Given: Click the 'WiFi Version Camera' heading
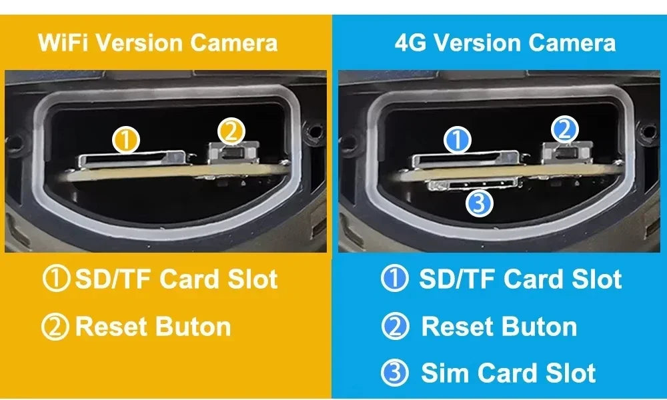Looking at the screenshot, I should click(158, 43).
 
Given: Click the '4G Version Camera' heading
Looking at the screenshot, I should click(505, 43).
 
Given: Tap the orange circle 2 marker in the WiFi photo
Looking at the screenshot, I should click(230, 131).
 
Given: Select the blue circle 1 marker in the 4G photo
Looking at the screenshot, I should click(458, 140).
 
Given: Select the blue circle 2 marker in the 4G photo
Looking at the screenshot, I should click(564, 130).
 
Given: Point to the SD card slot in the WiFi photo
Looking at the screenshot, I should click(137, 159).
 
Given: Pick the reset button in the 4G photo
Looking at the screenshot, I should click(566, 152).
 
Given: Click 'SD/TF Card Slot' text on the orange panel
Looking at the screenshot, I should click(176, 279).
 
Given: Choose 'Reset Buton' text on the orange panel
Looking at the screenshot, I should click(153, 327).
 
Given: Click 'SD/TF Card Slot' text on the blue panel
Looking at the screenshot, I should click(520, 279).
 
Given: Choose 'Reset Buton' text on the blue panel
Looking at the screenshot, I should click(499, 327).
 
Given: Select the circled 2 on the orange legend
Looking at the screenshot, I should click(55, 327).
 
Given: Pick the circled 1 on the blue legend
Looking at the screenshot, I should click(394, 279).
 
